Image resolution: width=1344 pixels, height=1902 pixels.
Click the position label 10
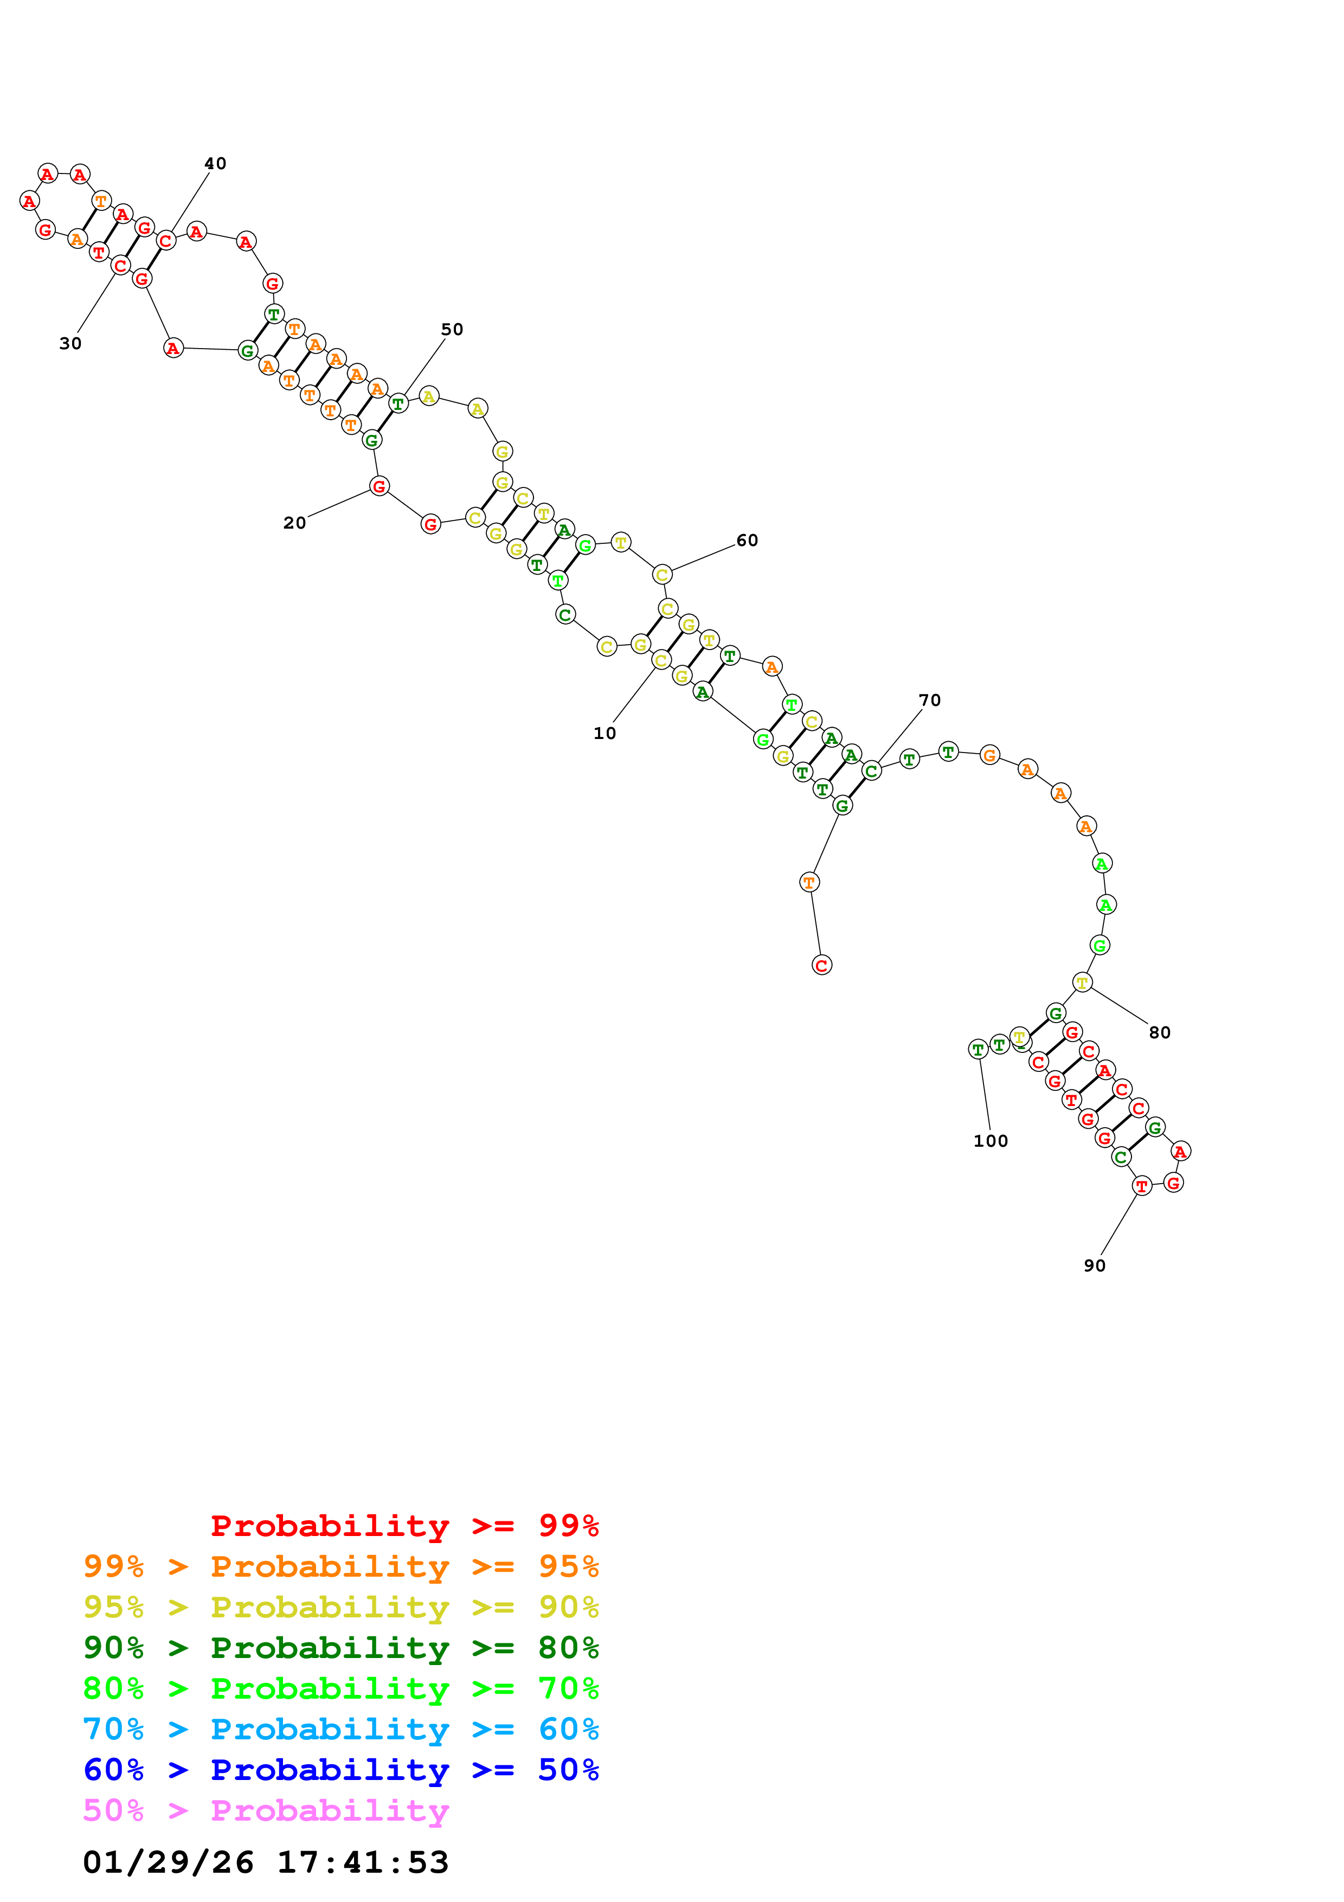point(605,733)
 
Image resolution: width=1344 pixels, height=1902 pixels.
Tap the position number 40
point(215,163)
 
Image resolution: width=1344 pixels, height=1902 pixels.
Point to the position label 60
point(747,540)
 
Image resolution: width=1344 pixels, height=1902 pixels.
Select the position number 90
point(1095,1266)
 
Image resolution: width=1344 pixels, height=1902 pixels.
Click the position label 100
point(991,1141)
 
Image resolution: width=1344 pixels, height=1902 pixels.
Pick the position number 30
point(70,343)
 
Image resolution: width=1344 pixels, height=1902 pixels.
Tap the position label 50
point(452,329)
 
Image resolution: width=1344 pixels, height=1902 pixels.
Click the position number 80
point(1159,1032)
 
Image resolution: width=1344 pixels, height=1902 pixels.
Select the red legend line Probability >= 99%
point(404,1525)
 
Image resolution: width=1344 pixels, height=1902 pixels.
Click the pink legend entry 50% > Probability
point(266,1810)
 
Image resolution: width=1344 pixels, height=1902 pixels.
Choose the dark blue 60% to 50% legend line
point(341,1770)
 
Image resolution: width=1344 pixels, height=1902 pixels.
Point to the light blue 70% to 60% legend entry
point(341,1729)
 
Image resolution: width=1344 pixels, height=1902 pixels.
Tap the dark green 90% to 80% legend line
point(341,1648)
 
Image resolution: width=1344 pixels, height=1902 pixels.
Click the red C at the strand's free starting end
point(821,965)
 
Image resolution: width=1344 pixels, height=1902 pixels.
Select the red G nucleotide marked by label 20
point(380,486)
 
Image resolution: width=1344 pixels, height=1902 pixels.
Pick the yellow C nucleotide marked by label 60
point(661,574)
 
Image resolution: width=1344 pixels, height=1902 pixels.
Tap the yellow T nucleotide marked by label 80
point(1082,982)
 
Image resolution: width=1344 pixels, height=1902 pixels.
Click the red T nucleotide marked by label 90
point(1142,1186)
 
